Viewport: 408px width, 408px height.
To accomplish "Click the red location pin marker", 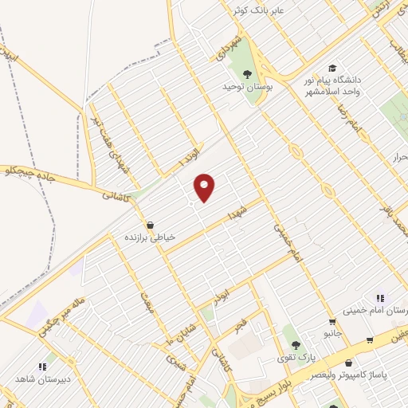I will tap(206, 186).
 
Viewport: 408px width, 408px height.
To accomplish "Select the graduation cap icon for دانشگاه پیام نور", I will tap(331, 69).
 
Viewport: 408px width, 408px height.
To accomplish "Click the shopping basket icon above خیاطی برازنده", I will tap(150, 225).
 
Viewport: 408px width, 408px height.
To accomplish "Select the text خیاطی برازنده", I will tap(149, 237).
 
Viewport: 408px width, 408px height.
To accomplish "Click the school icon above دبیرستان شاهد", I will tap(40, 367).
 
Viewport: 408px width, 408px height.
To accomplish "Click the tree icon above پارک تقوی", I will tap(296, 346).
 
